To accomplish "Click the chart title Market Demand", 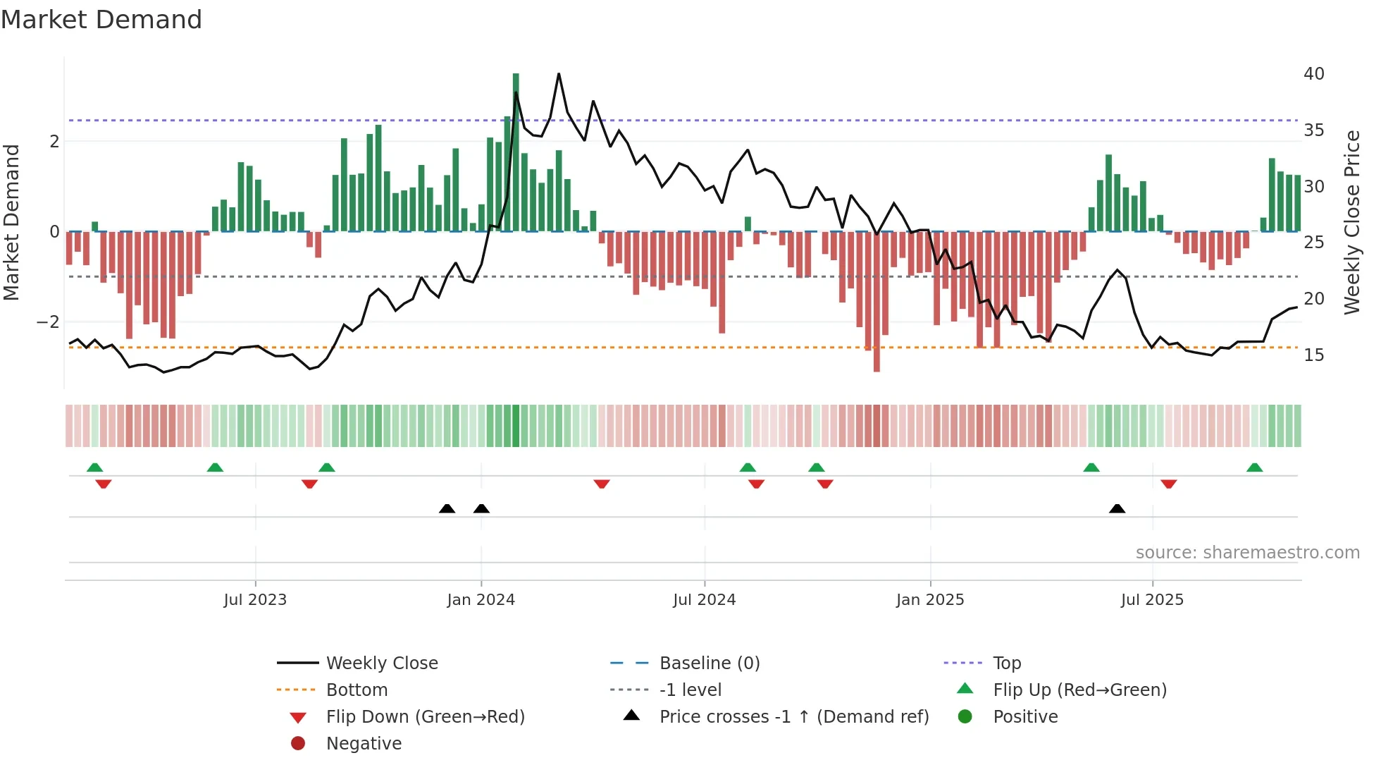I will coord(101,20).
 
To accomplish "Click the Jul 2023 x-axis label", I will coord(255,600).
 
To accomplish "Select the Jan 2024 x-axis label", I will coord(481,600).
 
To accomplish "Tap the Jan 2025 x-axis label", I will coord(930,600).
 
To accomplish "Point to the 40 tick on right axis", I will coord(1314,74).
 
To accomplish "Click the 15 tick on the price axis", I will coord(1314,355).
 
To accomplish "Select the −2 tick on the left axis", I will coord(48,322).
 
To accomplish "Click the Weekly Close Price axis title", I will coord(1351,223).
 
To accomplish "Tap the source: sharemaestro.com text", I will coord(1247,553).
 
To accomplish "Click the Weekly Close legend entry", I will coord(382,663).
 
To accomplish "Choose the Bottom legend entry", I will coord(357,690).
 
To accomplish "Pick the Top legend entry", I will coord(1007,663).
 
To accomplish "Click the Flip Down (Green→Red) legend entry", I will coord(425,717).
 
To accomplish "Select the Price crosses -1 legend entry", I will coord(794,717).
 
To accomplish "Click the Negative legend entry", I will coord(364,744).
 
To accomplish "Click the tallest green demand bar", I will coord(516,152).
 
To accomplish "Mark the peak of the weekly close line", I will coord(559,73).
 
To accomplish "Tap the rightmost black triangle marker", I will coord(1117,509).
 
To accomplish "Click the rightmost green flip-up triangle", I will coord(1254,467).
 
